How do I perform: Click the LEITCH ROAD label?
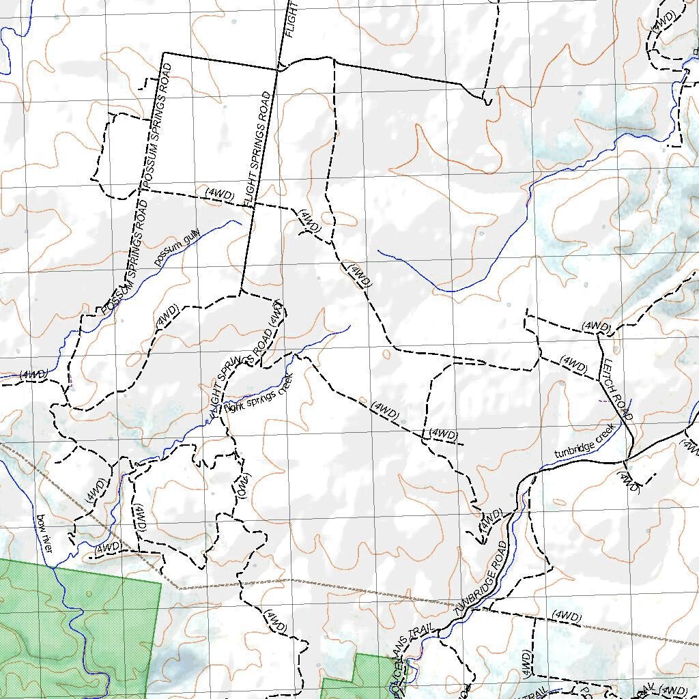point(617,388)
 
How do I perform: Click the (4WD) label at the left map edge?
point(33,375)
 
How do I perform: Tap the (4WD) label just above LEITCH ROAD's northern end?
point(596,327)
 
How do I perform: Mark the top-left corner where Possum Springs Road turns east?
point(163,53)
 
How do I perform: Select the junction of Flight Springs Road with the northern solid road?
point(277,69)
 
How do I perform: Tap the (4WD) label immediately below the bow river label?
point(108,547)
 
